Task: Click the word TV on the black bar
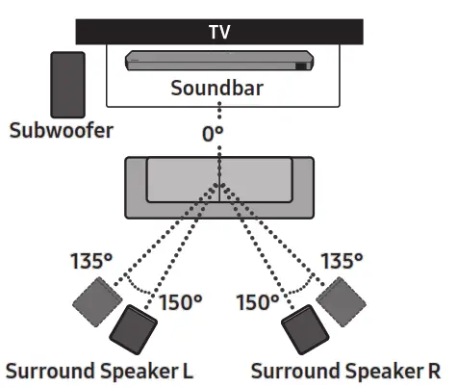(x=219, y=31)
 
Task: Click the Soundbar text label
(x=217, y=89)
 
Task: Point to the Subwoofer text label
(x=61, y=129)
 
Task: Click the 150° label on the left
(x=180, y=302)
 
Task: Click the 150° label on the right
(x=257, y=302)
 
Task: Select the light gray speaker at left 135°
(x=97, y=302)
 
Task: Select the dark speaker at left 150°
(x=135, y=332)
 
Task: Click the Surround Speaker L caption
(x=100, y=371)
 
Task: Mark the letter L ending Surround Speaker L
(x=189, y=371)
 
